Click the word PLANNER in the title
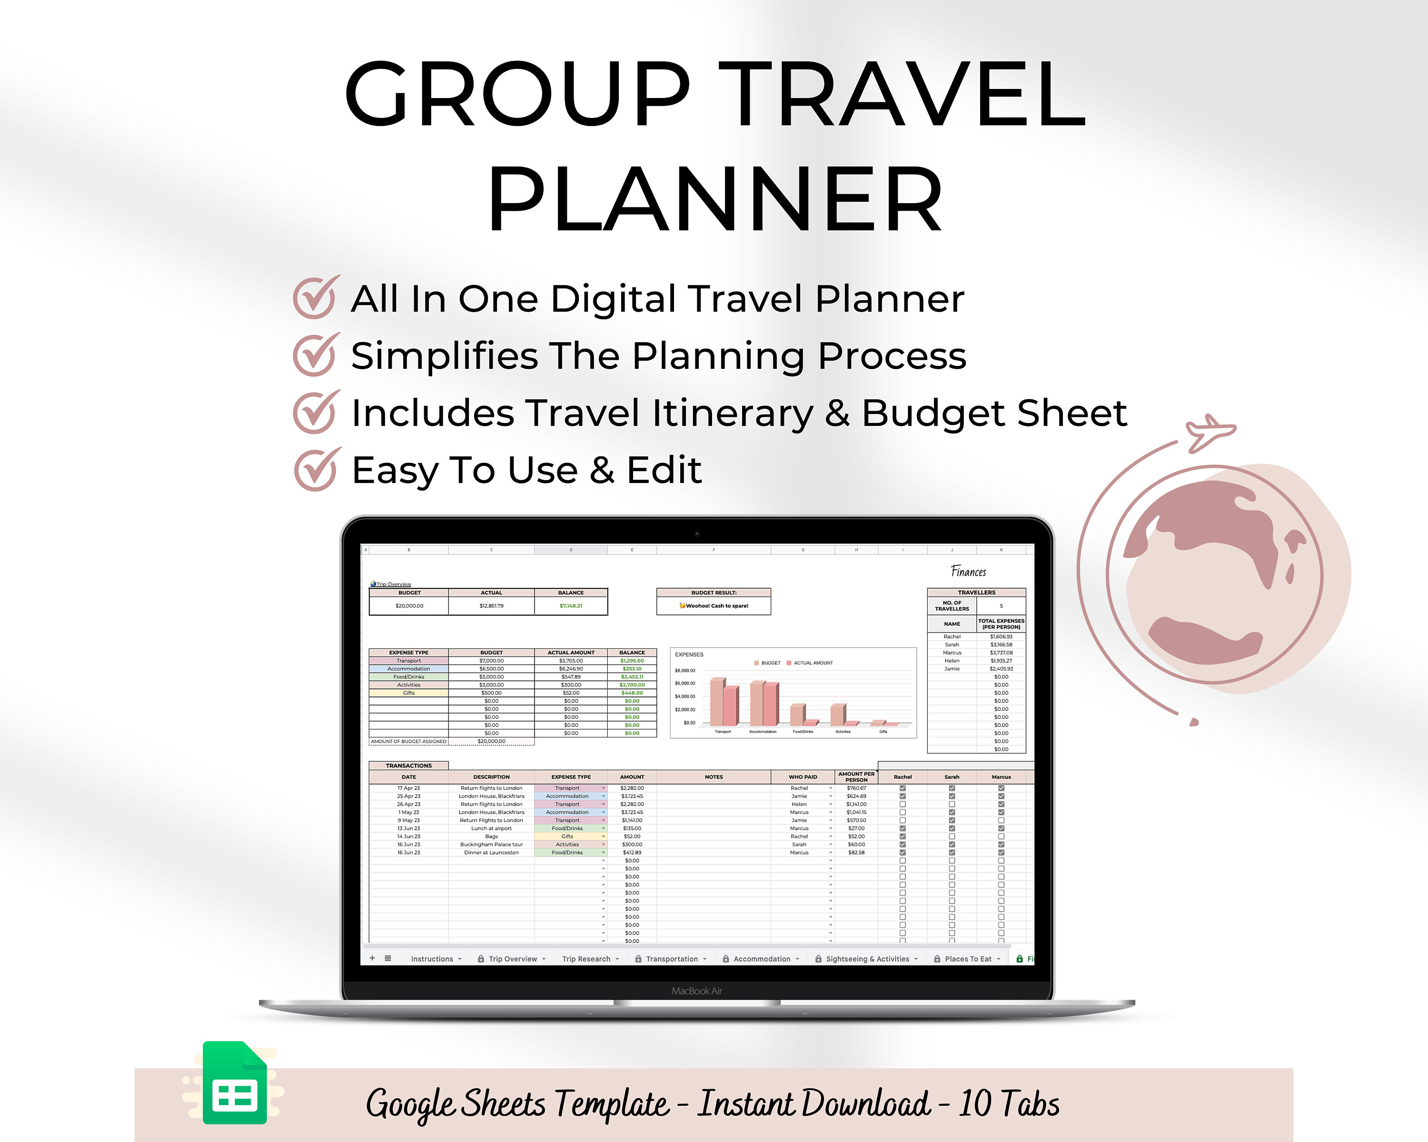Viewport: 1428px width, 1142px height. coord(715,198)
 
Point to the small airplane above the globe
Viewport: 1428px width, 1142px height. coord(1210,431)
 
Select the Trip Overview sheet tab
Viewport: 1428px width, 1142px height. coord(512,959)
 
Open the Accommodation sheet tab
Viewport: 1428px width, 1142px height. coord(761,959)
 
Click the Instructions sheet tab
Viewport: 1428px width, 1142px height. coord(432,959)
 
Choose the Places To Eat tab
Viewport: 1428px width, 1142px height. coord(968,959)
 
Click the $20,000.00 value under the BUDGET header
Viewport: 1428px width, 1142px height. coord(409,606)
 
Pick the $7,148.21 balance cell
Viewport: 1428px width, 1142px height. coord(571,606)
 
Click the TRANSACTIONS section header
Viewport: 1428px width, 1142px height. coord(409,765)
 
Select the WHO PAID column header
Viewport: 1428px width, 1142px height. coord(803,777)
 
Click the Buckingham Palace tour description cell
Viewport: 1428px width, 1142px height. coord(491,844)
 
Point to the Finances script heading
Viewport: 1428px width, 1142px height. coord(968,571)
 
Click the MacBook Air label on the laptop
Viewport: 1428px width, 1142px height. coord(697,991)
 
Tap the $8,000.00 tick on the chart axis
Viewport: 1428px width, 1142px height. coord(685,670)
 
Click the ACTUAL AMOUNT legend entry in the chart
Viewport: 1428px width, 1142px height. coord(813,663)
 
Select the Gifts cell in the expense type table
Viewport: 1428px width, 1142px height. coord(409,692)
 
